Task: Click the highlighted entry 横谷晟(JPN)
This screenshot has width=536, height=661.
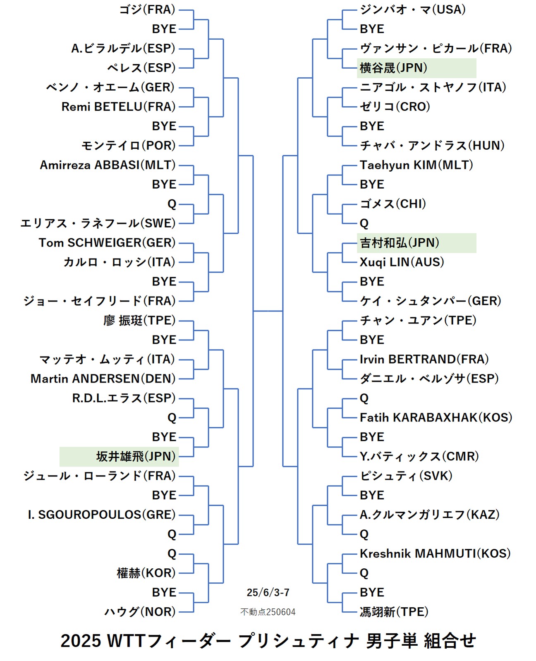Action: (x=393, y=68)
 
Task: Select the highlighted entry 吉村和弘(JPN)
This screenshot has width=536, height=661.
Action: (x=399, y=243)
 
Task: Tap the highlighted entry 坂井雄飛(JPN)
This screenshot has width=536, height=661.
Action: (x=136, y=456)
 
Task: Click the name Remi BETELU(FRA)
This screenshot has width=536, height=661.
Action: (x=118, y=107)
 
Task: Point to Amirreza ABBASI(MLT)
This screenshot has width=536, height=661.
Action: (x=108, y=165)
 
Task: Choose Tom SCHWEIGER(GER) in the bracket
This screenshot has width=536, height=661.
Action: (x=107, y=243)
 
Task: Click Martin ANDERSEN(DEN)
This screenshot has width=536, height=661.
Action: (x=103, y=378)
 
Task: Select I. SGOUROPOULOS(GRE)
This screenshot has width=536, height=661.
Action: (x=102, y=515)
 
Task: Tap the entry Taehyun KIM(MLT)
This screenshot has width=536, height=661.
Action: (x=416, y=165)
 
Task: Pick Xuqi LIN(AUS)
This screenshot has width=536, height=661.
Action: (x=402, y=262)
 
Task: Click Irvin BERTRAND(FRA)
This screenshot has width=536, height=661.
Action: (x=424, y=359)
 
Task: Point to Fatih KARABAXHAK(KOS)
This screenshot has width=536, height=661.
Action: (x=436, y=417)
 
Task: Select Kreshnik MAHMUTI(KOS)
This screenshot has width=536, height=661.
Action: (x=435, y=553)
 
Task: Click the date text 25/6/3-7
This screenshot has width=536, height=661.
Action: (x=268, y=592)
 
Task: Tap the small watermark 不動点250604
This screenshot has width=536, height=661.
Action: (x=268, y=612)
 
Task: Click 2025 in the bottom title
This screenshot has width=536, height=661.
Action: (x=81, y=641)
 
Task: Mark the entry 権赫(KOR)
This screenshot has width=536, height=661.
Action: (x=146, y=573)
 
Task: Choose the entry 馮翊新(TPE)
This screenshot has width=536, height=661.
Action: (x=394, y=612)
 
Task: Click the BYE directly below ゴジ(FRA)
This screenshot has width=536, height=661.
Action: (x=164, y=29)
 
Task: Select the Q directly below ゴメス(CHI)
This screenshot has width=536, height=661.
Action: (x=364, y=223)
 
